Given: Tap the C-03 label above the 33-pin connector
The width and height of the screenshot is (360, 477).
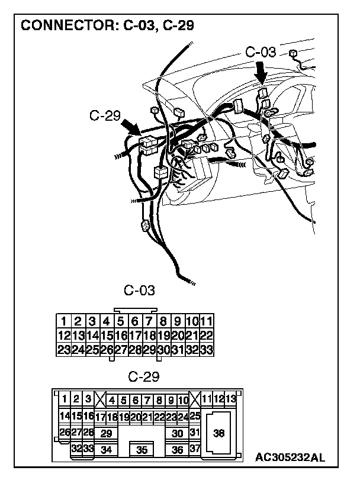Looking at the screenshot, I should click(x=140, y=291).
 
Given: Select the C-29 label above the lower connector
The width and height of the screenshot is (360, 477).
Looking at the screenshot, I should click(x=143, y=376).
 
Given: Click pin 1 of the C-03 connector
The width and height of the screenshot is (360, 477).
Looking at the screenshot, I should click(x=63, y=322).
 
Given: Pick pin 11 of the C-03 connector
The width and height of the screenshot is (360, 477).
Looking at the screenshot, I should click(x=207, y=322).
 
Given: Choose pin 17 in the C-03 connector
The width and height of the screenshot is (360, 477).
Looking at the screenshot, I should click(x=135, y=336).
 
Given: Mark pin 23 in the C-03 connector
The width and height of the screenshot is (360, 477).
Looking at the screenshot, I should click(x=63, y=349).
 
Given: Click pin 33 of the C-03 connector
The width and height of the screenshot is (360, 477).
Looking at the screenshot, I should click(x=207, y=349).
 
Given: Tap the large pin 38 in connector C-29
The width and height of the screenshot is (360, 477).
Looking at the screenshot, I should click(x=218, y=434).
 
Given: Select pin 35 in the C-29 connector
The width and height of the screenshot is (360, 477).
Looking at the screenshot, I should click(x=142, y=450).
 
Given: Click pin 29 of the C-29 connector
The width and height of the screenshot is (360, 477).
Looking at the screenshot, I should click(x=107, y=434).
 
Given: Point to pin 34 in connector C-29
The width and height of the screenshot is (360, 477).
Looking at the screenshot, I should click(x=107, y=450).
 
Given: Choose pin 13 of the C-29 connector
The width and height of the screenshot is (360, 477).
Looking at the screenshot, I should click(x=231, y=399).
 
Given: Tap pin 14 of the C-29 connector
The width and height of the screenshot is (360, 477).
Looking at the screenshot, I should click(x=65, y=416).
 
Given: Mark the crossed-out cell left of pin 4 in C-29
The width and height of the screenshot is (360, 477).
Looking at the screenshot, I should click(x=100, y=400).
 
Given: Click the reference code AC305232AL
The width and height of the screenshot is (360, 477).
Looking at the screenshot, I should click(x=290, y=457).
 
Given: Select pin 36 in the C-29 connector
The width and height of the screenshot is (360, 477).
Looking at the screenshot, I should click(x=177, y=450).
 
